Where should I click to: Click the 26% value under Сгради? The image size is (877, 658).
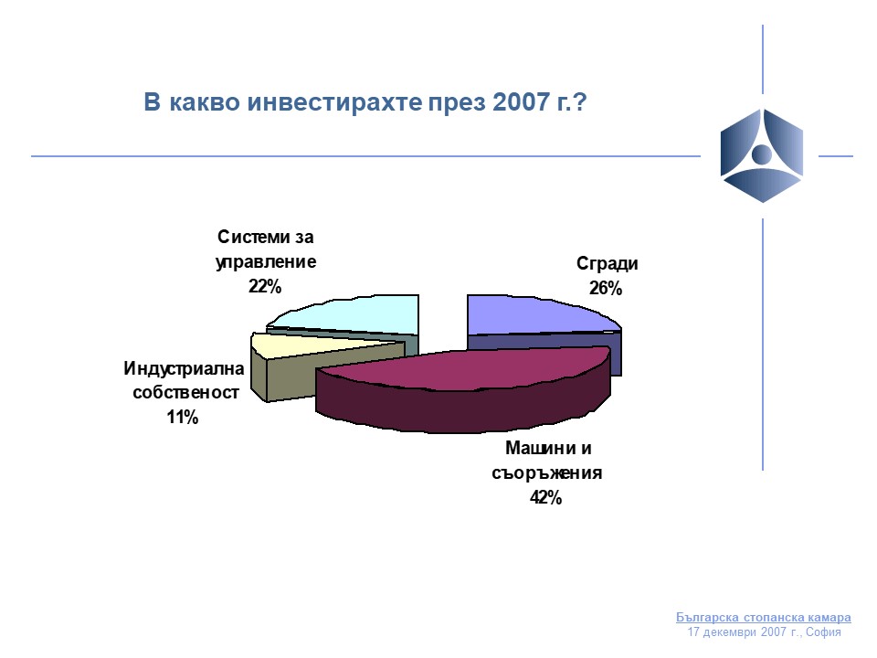point(605,288)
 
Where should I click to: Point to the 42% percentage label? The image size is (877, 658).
point(545,497)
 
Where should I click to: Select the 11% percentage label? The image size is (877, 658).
point(183,417)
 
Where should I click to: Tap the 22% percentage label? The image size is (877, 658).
point(265,286)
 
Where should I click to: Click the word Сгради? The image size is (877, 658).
point(607,263)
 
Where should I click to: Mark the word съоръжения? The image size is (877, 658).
point(546,472)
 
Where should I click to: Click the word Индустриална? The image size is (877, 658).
point(184,368)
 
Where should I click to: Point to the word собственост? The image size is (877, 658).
point(185,393)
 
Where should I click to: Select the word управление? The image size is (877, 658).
point(266,262)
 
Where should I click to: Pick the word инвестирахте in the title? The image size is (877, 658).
point(334,102)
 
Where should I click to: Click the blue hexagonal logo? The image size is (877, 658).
point(761,155)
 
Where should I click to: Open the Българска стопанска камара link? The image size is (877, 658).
point(764,617)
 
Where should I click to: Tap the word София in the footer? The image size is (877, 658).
point(823,632)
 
